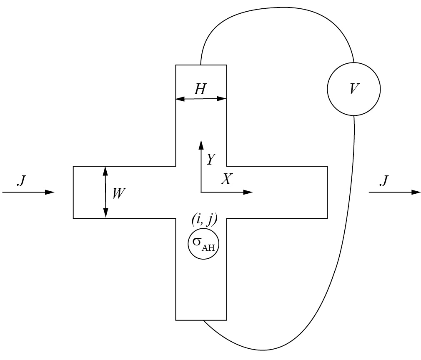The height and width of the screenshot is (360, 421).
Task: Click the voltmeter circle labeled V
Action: (353, 89)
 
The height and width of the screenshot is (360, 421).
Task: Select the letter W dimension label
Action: (119, 193)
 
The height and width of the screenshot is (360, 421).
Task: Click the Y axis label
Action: (211, 159)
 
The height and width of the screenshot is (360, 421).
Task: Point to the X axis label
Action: (226, 179)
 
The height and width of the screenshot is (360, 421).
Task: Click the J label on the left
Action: (21, 180)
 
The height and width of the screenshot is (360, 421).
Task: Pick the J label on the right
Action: (384, 180)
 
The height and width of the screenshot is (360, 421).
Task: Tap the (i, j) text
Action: (204, 220)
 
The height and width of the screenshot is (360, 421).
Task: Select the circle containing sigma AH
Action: (204, 243)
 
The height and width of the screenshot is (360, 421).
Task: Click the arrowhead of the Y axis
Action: (201, 144)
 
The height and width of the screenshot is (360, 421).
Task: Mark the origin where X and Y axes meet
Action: (201, 192)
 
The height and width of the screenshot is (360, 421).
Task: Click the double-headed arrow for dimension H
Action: (201, 99)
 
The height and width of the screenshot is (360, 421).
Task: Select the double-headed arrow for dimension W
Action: (105, 192)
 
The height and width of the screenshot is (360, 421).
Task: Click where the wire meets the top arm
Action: (201, 65)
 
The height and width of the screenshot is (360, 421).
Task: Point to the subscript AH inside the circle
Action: (210, 248)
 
